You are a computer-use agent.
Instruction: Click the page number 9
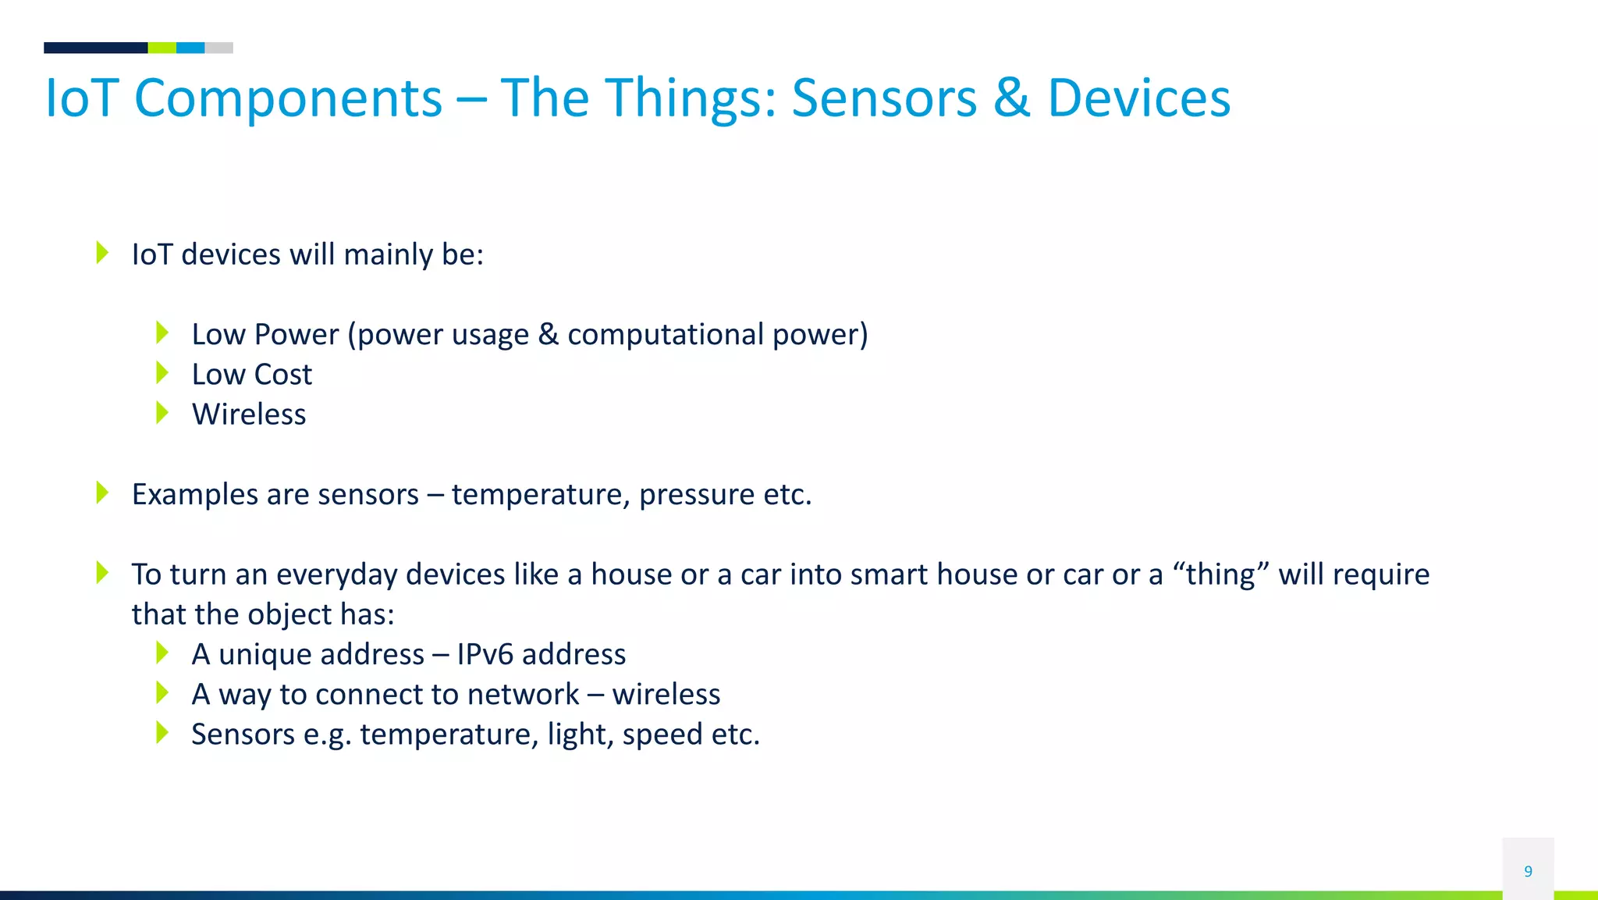(1528, 871)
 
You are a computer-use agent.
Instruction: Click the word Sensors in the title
(884, 98)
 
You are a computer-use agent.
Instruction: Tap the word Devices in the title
(1138, 98)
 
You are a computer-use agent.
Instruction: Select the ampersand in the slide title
(1011, 98)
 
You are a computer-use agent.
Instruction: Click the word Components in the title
(288, 100)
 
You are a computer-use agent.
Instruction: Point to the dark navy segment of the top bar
(95, 48)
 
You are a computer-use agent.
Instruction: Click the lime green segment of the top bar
(162, 48)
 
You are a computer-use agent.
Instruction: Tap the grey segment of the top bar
(218, 48)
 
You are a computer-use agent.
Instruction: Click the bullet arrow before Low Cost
(162, 372)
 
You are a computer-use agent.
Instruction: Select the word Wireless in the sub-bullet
(249, 414)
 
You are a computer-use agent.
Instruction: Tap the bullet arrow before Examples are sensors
(102, 493)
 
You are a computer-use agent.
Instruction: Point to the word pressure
(697, 495)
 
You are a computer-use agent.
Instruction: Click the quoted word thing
(1220, 575)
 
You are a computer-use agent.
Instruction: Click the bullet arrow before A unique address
(162, 653)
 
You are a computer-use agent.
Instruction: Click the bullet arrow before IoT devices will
(102, 252)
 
